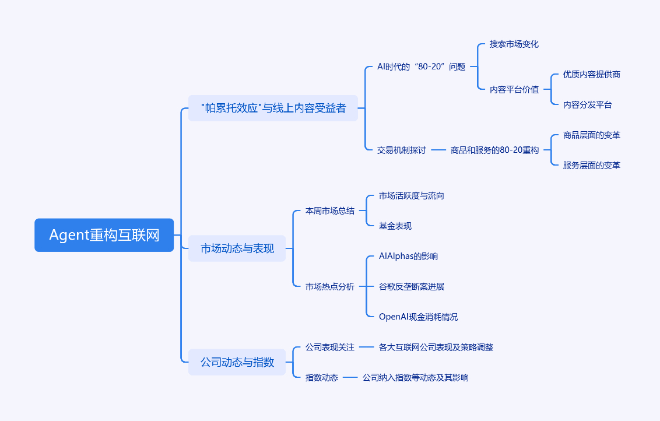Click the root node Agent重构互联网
click(x=104, y=235)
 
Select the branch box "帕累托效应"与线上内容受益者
click(x=273, y=108)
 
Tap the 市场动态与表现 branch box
click(x=237, y=248)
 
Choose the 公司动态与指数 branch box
click(x=237, y=362)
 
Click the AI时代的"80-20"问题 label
click(x=422, y=66)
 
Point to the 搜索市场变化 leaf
click(x=514, y=44)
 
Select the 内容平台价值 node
click(x=514, y=89)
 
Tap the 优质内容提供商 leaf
click(x=591, y=75)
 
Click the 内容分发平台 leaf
click(x=588, y=104)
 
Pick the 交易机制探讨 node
click(x=402, y=150)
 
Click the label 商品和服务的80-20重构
click(x=494, y=150)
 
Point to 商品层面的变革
click(x=591, y=135)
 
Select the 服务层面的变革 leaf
click(x=591, y=165)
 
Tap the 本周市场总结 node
click(x=330, y=210)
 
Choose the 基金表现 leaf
click(x=395, y=226)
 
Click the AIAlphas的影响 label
click(x=408, y=256)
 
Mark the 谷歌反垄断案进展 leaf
click(x=412, y=286)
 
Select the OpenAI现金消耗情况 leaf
click(x=419, y=317)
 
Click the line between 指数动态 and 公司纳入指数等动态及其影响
click(x=350, y=378)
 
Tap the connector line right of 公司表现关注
click(x=367, y=348)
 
